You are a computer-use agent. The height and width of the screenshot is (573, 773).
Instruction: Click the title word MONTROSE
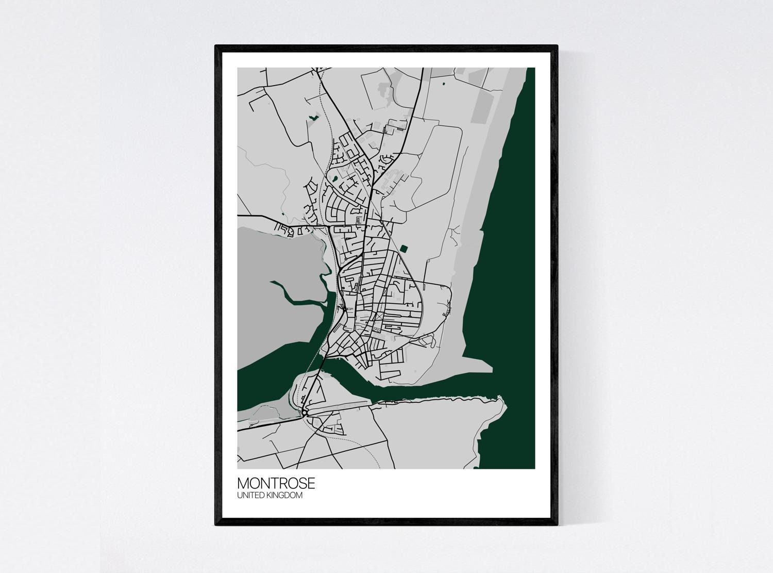pyautogui.click(x=276, y=484)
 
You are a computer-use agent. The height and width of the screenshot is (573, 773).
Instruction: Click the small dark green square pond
pyautogui.click(x=404, y=249)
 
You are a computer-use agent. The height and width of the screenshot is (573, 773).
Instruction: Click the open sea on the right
pyautogui.click(x=510, y=258)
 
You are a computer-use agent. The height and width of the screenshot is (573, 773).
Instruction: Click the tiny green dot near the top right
pyautogui.click(x=443, y=82)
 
